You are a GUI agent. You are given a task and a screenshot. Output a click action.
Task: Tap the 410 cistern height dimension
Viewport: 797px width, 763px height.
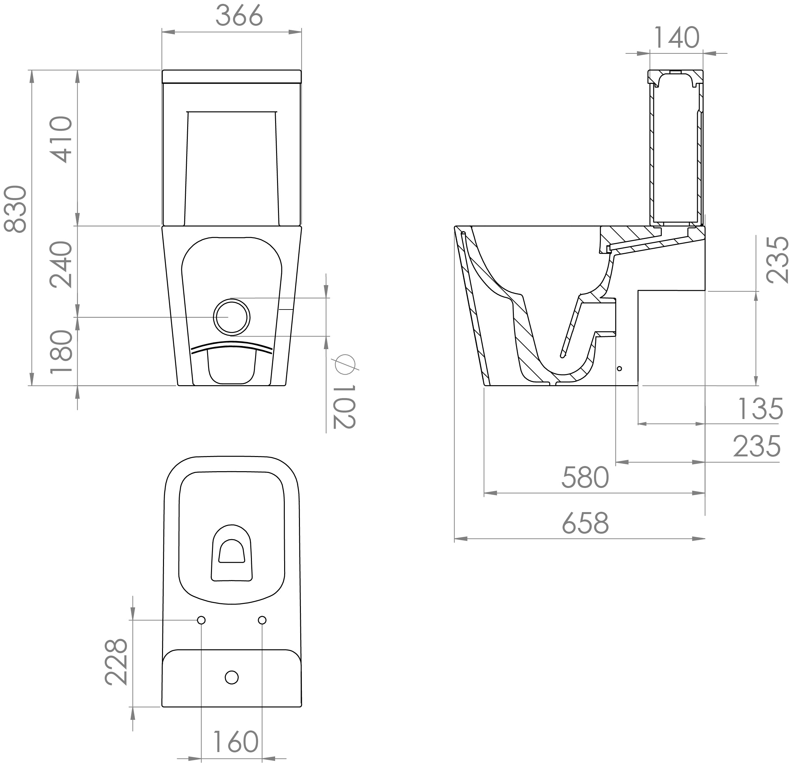click(x=61, y=139)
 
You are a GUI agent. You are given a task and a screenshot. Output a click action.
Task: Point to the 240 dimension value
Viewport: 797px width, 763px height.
click(x=61, y=264)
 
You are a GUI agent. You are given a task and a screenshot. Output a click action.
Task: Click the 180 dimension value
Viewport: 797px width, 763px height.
click(x=61, y=352)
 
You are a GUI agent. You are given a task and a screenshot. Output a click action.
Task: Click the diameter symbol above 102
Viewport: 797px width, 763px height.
click(x=344, y=364)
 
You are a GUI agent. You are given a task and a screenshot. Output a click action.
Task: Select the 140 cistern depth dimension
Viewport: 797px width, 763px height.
click(x=677, y=37)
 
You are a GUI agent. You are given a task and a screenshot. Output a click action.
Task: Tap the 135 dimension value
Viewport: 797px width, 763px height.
click(x=760, y=409)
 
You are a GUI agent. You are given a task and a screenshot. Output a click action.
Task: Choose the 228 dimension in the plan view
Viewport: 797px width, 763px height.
click(x=116, y=662)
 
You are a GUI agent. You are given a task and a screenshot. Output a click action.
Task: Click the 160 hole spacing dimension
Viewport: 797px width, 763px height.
click(x=236, y=742)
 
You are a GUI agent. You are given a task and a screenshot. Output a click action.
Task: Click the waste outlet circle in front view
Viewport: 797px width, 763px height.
click(x=231, y=317)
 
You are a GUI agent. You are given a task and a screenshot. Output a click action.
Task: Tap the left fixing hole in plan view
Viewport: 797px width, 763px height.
click(x=201, y=620)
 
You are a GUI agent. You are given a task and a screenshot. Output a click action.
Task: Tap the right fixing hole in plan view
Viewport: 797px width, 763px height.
click(x=262, y=620)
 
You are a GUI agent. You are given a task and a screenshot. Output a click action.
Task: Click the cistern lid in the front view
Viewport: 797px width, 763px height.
click(x=232, y=76)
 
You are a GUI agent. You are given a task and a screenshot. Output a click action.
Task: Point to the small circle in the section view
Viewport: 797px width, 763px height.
click(x=619, y=369)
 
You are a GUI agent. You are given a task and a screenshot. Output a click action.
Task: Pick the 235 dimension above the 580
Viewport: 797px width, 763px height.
click(x=757, y=446)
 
